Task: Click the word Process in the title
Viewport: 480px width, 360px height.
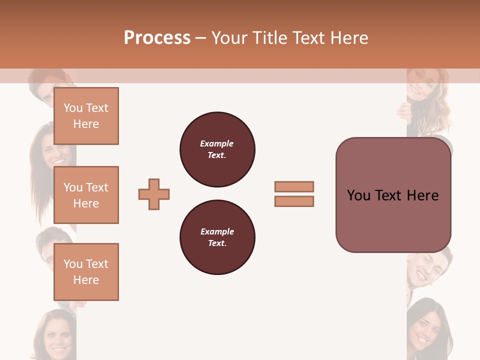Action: (x=157, y=38)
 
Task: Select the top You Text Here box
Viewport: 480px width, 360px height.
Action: (x=86, y=116)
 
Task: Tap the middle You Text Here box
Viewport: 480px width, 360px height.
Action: (x=86, y=195)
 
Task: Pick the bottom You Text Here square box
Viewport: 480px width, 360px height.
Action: (x=86, y=272)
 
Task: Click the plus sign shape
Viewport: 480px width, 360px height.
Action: (x=154, y=194)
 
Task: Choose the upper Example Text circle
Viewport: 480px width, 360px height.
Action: (x=217, y=149)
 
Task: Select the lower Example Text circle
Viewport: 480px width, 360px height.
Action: (x=217, y=237)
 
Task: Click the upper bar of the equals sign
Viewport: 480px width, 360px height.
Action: (x=294, y=186)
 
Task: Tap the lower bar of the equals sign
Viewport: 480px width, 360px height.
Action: (x=294, y=201)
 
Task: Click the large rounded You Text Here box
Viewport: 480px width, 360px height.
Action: (x=393, y=195)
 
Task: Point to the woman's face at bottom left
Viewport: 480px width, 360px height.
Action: (x=55, y=335)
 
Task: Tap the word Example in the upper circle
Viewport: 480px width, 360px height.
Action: (x=216, y=143)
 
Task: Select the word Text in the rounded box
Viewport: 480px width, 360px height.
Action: (x=388, y=195)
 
